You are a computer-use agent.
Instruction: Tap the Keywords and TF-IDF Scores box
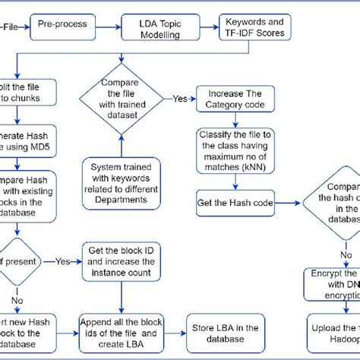[x=254, y=27]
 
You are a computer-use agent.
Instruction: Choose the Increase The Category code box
[x=241, y=98]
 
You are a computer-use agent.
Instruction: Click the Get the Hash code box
[x=241, y=204]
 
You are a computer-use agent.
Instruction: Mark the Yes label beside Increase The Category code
[x=181, y=98]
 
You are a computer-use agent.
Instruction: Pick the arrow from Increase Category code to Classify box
[x=241, y=120]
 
